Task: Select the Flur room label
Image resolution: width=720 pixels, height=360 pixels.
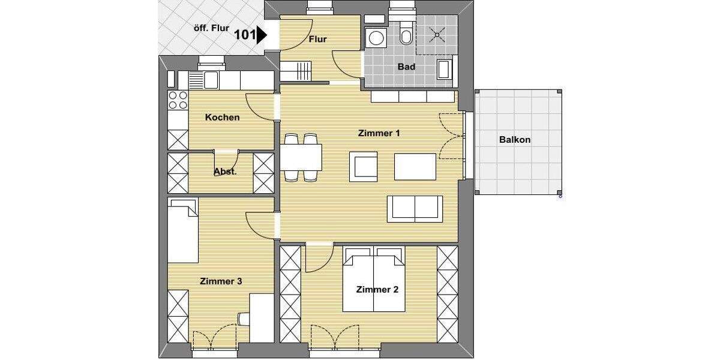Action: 317,40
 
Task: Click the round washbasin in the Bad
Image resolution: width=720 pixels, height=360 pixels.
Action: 377,38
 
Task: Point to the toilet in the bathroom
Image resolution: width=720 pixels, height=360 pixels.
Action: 406,37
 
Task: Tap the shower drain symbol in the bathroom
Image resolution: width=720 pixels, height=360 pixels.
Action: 437,35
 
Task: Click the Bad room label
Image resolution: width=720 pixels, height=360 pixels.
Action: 406,67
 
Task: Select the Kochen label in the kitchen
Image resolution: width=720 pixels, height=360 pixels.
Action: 222,118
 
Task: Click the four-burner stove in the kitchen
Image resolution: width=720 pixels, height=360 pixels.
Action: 178,100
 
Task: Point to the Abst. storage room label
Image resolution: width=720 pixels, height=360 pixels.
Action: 225,172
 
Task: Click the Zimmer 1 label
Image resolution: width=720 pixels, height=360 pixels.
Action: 379,133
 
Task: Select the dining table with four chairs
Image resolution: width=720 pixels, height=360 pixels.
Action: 301,157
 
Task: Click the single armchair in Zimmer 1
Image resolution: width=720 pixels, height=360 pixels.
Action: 364,166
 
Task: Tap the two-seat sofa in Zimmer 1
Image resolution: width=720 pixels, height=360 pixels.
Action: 415,208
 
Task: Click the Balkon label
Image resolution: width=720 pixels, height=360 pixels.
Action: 514,140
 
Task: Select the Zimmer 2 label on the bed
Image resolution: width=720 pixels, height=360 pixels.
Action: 377,289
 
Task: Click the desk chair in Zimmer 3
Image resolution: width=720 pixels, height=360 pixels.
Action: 243,318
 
